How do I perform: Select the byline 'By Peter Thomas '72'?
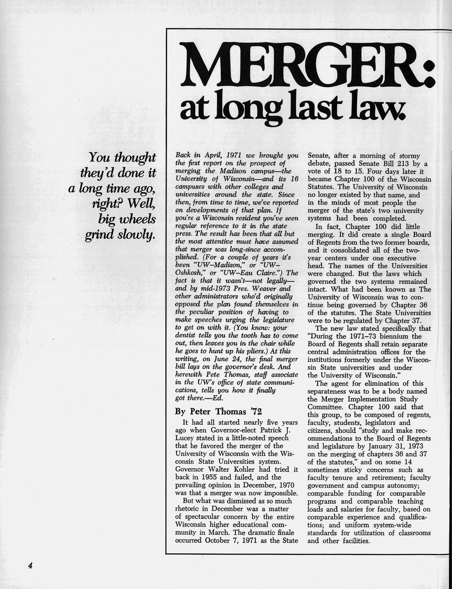[218, 412]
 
